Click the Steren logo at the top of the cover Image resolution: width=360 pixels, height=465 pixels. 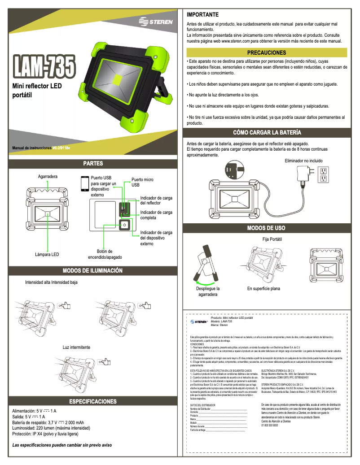tap(155, 22)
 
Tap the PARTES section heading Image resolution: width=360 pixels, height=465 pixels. tap(93, 163)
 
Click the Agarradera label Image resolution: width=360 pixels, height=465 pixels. tap(48, 177)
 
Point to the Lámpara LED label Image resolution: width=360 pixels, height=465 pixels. tap(47, 254)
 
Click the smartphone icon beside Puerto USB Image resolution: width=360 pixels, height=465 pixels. tap(84, 184)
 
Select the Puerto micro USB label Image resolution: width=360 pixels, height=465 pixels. tap(142, 182)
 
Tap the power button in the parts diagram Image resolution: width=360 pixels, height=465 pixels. tap(124, 225)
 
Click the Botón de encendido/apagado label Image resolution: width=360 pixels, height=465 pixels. tap(105, 254)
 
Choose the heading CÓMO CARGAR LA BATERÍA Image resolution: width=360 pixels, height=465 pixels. tap(267, 132)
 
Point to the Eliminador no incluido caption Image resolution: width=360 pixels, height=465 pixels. tap(303, 161)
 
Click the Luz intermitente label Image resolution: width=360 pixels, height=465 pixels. tap(76, 347)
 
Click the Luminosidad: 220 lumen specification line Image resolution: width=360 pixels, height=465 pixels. tap(54, 428)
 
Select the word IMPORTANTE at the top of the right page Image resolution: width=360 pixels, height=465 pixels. tap(202, 15)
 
